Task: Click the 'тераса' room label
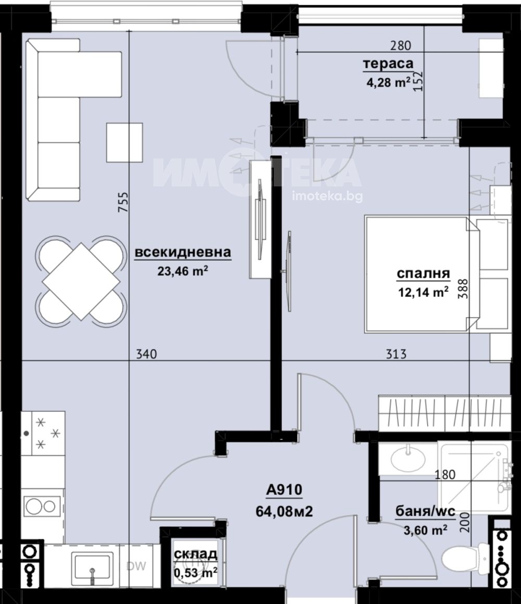point(388,64)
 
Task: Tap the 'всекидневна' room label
point(183,252)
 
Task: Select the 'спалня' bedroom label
point(423,274)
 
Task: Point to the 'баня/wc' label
point(426,512)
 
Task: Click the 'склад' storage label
point(195,554)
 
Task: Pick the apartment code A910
point(284,490)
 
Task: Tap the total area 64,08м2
point(284,512)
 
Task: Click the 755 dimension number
point(123,202)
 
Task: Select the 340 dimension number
point(147,354)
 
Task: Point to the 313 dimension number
point(396,354)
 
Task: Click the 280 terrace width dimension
point(401,46)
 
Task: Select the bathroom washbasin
point(408,459)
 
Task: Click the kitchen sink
point(92,565)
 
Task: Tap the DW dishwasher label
point(137,566)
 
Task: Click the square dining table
point(81,281)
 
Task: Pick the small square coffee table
point(125,142)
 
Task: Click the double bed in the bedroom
point(421,274)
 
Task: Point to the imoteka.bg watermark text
point(328,196)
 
